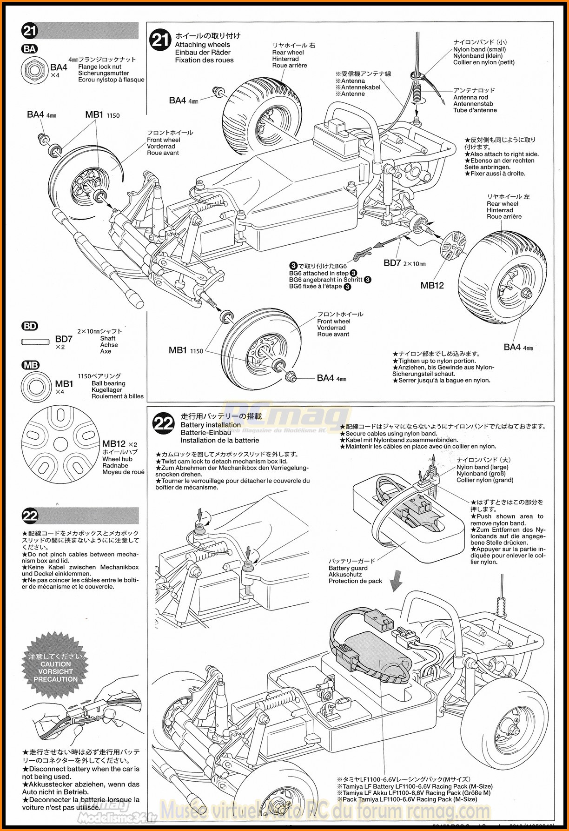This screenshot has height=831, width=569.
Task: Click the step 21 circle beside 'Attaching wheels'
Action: coord(160,40)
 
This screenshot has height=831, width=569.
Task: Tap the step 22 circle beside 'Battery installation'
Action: coord(164,423)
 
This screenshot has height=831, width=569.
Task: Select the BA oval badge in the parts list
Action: coord(30,49)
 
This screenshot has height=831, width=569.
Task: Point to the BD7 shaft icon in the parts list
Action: coord(34,342)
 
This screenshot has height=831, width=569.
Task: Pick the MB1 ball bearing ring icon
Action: coord(34,386)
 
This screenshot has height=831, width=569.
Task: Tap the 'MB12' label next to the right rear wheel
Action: coord(432,285)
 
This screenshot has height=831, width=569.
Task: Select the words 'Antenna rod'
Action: coord(470,97)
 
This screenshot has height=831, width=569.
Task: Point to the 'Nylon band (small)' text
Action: coord(479,49)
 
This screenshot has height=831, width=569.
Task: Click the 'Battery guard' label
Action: coord(348,568)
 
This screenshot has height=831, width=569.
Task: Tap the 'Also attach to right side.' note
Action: coord(504,154)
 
